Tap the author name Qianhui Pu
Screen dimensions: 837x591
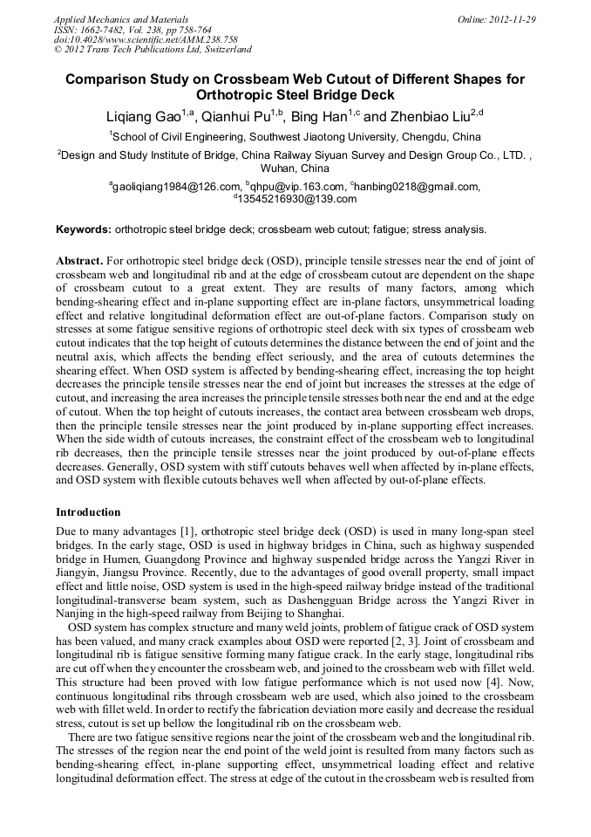[x=235, y=117]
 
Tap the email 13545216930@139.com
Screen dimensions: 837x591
[x=296, y=199]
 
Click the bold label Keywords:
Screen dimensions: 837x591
[x=84, y=230]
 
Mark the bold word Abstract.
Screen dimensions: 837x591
[x=79, y=261]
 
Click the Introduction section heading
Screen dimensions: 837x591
[x=88, y=512]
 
